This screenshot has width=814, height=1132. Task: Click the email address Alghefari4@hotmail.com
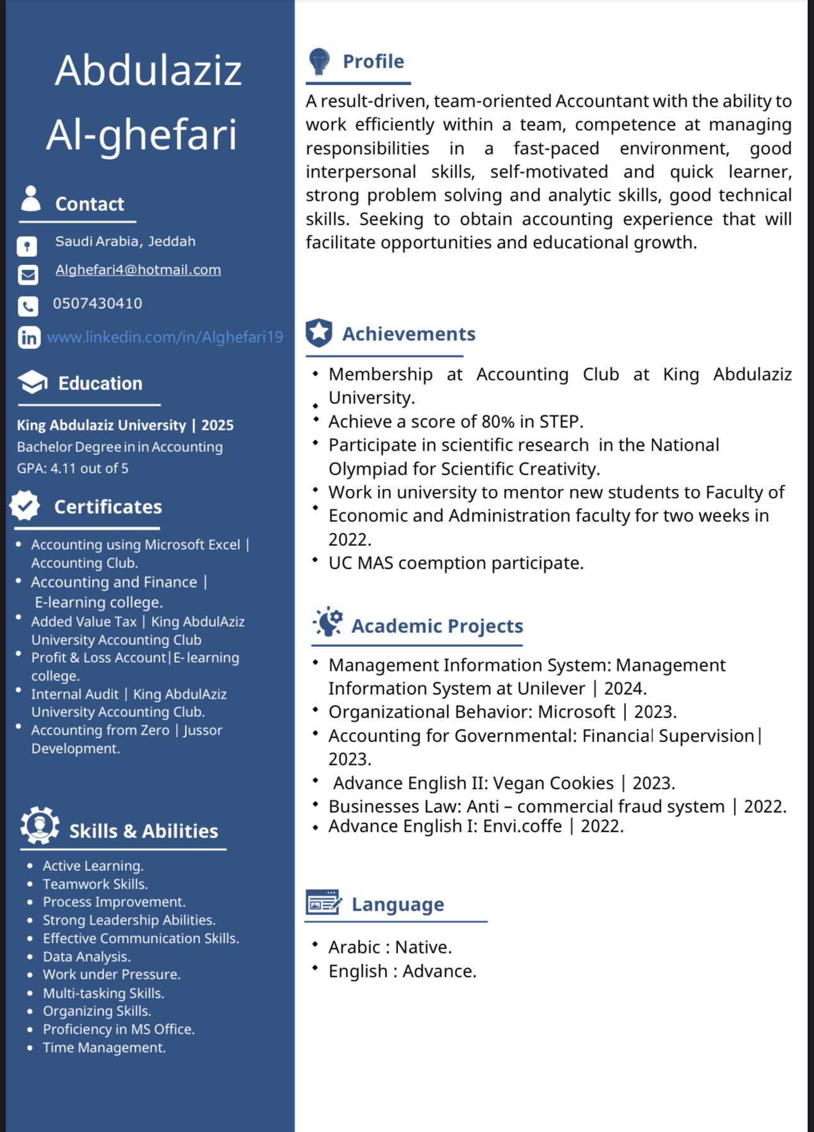[138, 270]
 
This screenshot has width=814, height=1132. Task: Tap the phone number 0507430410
[97, 304]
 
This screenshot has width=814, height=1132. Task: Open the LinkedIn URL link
[165, 338]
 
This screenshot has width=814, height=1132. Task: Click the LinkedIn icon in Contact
[28, 338]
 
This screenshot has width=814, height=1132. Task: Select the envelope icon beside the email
[28, 275]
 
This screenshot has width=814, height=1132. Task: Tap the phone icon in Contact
[28, 307]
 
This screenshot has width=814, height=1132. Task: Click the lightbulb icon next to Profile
[319, 61]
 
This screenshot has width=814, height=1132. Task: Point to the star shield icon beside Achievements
[319, 333]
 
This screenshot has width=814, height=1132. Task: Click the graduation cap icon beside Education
[32, 382]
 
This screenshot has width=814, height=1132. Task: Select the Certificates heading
[108, 507]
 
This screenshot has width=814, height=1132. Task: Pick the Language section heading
[398, 904]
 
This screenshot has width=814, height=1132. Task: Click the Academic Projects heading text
[437, 626]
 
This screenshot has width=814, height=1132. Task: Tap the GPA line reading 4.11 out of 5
[73, 468]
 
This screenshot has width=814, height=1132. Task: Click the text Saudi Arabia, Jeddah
[125, 242]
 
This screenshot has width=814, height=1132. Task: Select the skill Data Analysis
[86, 957]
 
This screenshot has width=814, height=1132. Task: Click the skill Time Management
[104, 1047]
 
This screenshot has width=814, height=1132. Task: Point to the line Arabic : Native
[390, 947]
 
